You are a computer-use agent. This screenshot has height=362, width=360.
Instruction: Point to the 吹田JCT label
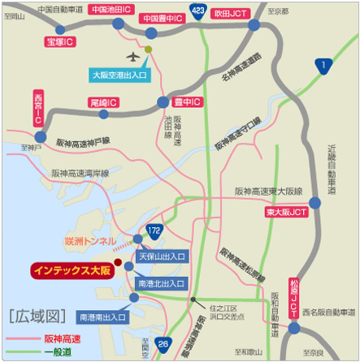230,13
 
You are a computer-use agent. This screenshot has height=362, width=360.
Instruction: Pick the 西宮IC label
37,108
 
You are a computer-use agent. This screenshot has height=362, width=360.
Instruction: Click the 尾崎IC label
104,103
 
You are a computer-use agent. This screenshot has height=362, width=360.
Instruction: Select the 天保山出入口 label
163,256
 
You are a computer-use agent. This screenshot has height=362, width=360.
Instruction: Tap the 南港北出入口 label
163,284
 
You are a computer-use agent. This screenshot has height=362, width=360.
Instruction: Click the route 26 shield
164,343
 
